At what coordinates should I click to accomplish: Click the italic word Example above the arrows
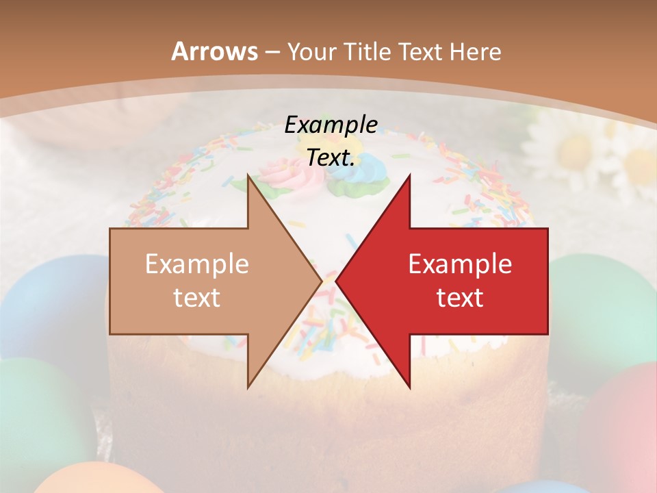click(331, 125)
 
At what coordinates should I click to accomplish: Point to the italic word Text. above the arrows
click(331, 157)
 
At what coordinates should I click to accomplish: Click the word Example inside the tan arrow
click(197, 264)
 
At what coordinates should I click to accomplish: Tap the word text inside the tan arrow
click(197, 298)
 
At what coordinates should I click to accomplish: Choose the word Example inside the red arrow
click(460, 264)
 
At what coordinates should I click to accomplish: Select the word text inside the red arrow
click(460, 298)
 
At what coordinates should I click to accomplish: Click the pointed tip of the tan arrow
click(320, 281)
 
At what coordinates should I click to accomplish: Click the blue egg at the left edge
click(41, 301)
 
